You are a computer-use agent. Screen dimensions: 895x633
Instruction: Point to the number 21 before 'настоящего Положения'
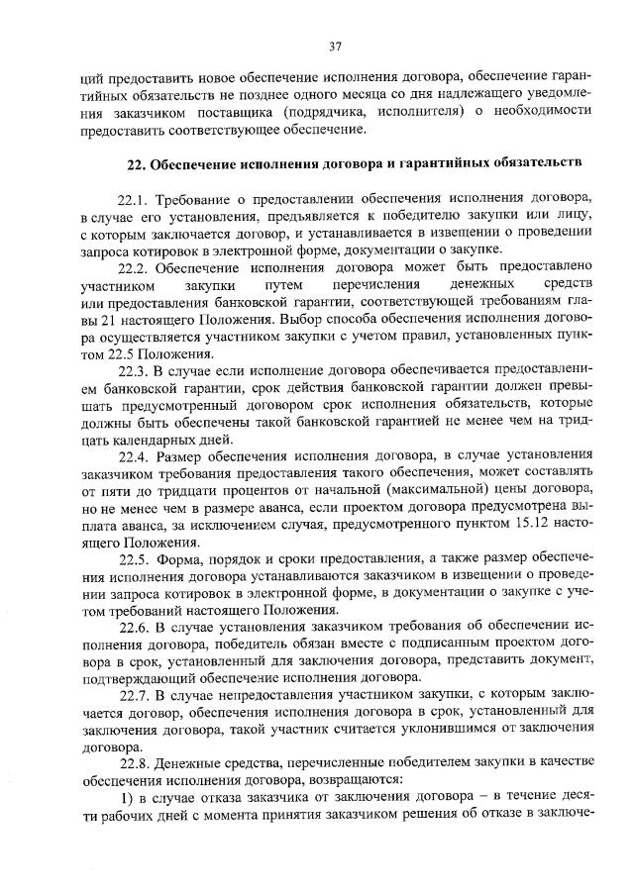click(104, 319)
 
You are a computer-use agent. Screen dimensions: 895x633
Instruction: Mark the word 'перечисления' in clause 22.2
click(365, 285)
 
